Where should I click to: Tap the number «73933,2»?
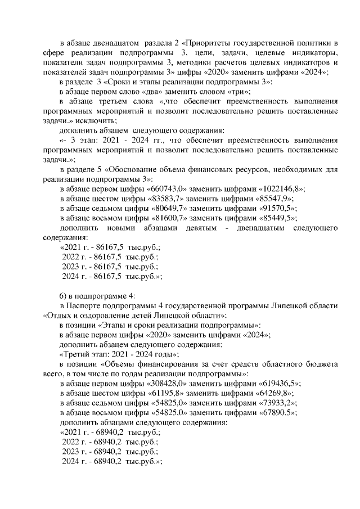(x=274, y=403)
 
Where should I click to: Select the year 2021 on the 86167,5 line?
(x=71, y=247)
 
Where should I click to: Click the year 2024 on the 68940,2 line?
(x=73, y=461)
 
